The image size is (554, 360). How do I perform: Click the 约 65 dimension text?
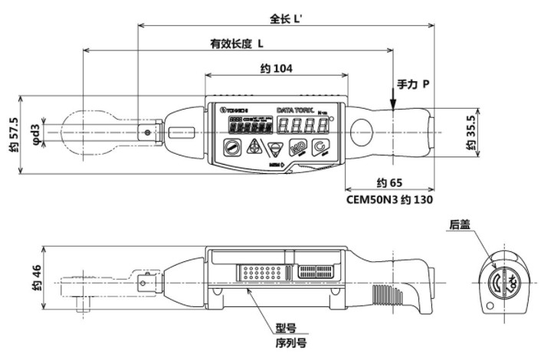392,184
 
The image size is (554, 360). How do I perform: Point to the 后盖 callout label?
459,224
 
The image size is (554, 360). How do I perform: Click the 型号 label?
285,328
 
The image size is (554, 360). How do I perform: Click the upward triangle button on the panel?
251,147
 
